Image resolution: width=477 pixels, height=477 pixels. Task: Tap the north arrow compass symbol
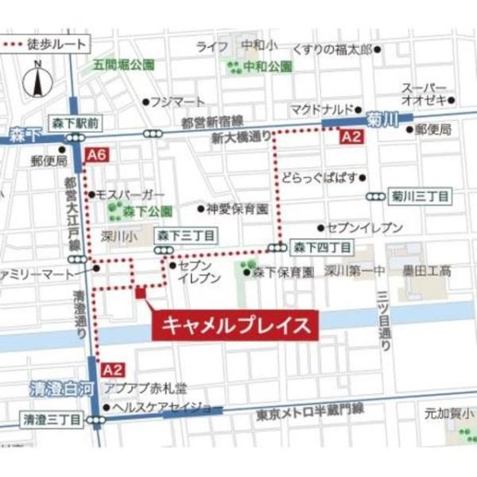pyautogui.click(x=36, y=81)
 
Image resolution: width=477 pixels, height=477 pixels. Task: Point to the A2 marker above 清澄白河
pyautogui.click(x=114, y=369)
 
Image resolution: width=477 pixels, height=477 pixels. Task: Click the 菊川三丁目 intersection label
pyautogui.click(x=420, y=195)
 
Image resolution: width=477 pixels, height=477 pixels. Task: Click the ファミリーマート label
pyautogui.click(x=38, y=273)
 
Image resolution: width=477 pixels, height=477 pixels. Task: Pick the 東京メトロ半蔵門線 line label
pyautogui.click(x=310, y=410)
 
